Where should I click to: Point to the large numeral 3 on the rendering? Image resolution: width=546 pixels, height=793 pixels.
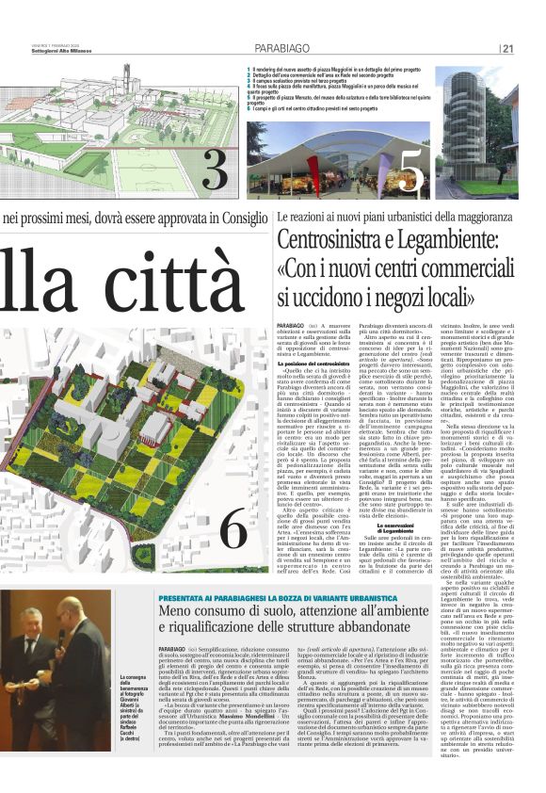(215, 167)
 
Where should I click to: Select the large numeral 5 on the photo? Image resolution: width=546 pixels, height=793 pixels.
(411, 168)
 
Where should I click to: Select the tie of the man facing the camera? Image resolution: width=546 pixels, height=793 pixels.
(30, 650)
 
